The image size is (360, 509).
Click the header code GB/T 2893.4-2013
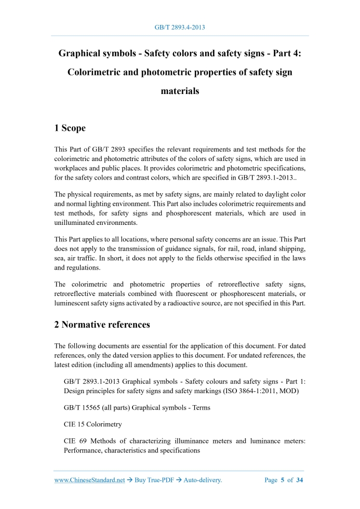tap(180, 27)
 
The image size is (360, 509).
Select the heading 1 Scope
tap(70, 128)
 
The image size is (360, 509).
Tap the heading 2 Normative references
tap(102, 325)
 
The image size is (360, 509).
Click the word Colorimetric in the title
tap(96, 72)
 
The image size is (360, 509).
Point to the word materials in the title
tap(180, 91)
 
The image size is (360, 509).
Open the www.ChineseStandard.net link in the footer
tap(90, 480)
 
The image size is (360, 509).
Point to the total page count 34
tap(300, 480)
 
